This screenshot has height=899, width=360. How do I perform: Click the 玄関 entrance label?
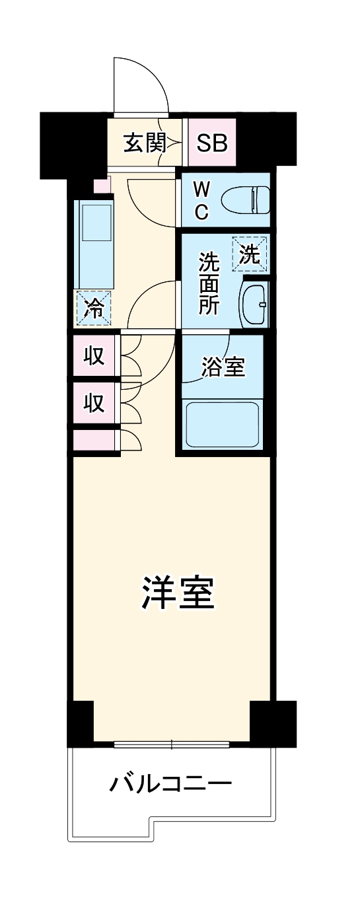point(144,143)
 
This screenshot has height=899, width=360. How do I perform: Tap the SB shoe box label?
point(212,143)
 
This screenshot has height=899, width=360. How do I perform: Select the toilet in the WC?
point(246,200)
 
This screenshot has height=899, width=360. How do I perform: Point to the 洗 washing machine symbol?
point(250,254)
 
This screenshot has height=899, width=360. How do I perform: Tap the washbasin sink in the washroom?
point(254,303)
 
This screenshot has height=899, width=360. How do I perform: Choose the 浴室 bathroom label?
point(223,367)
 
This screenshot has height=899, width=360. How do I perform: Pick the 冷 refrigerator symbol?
point(94,308)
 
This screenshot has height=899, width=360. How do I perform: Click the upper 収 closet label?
point(94,356)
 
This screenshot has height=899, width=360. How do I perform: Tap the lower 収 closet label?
point(94,402)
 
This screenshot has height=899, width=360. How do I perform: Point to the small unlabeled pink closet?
point(94,439)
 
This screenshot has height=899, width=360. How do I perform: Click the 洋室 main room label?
point(178,593)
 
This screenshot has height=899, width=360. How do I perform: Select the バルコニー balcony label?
point(170,785)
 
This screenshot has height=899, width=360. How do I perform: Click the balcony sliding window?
point(171,744)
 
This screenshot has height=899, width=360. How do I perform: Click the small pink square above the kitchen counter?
point(102,186)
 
